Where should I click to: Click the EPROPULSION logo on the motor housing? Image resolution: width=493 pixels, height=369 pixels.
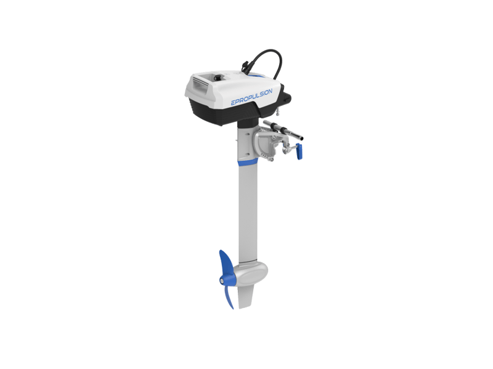coord(251,97)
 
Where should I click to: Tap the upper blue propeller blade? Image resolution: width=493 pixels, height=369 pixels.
coord(226,262)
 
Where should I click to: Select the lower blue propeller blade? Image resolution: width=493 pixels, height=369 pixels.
coord(228,297)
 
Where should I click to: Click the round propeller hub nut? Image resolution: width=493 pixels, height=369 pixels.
coord(222,281)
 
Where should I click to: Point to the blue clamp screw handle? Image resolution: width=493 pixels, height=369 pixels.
coord(299,151)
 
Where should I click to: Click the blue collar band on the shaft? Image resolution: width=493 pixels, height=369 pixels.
coord(248,162)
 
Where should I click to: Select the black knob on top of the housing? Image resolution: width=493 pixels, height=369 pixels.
coord(217,77)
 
